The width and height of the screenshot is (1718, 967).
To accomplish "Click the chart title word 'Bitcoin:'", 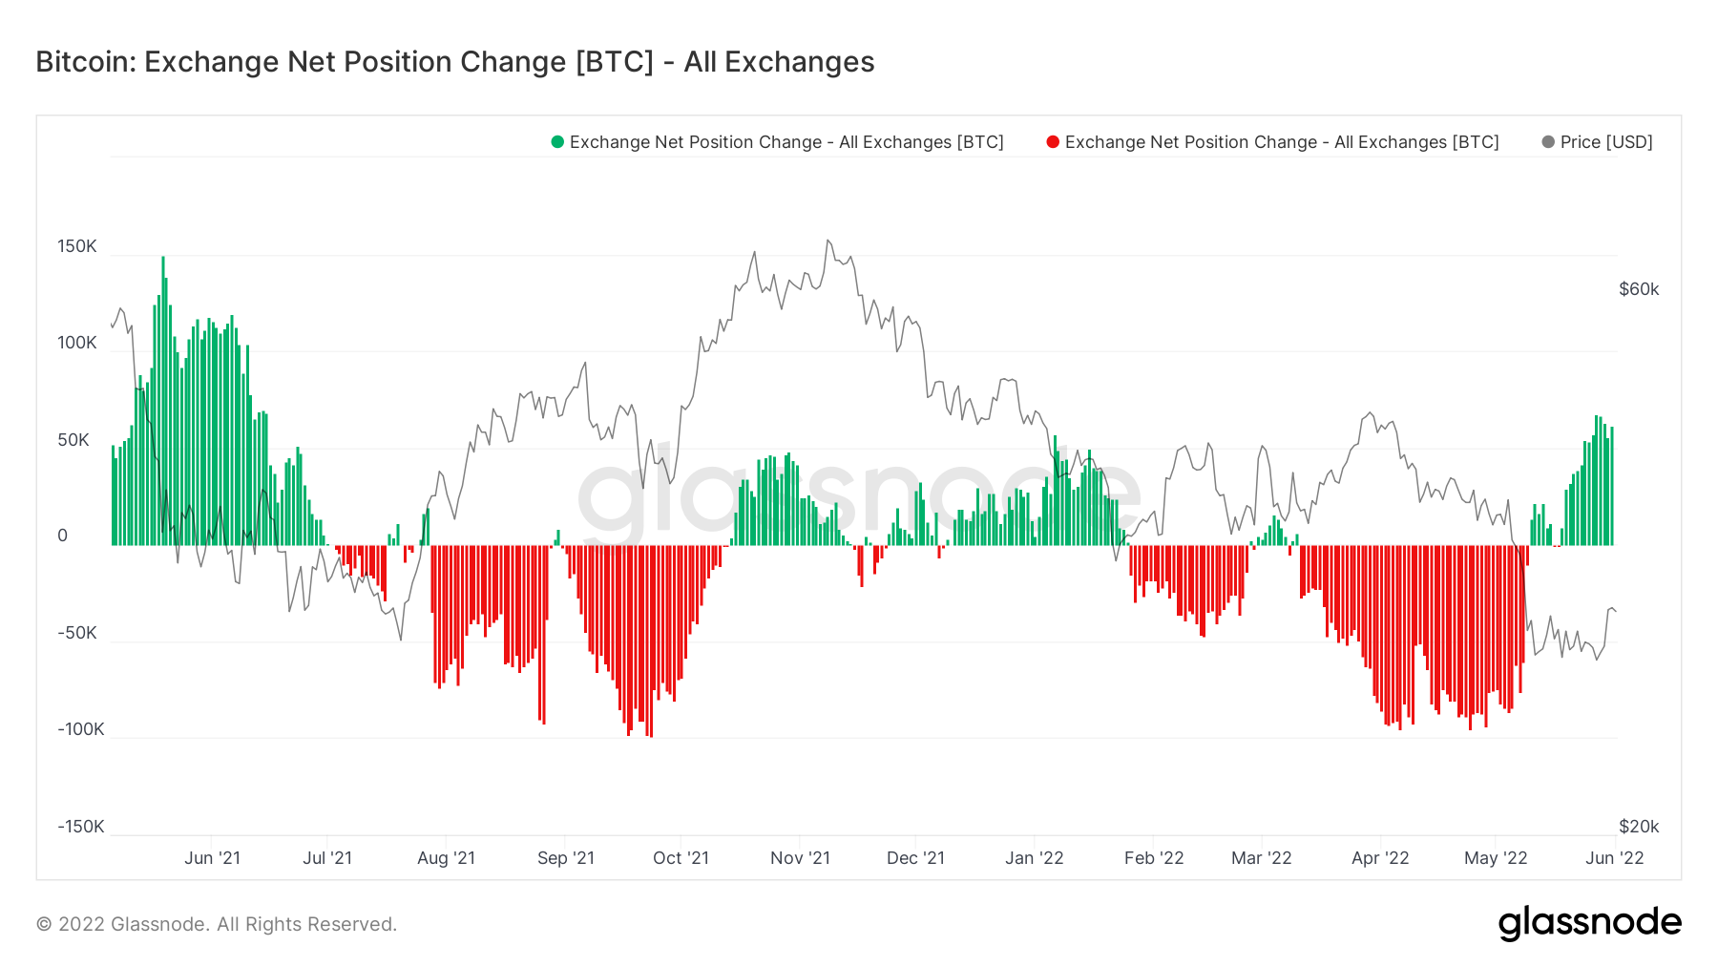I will point(85,62).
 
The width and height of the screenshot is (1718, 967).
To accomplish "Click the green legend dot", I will point(557,142).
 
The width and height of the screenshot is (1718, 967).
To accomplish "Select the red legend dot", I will point(1053,142).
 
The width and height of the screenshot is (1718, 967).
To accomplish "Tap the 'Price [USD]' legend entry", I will point(1605,142).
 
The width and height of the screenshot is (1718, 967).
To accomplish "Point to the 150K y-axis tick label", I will point(77,246).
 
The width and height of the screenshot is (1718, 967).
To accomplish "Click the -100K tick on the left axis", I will point(80,729).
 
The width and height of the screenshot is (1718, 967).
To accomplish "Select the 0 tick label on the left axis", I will point(63,536).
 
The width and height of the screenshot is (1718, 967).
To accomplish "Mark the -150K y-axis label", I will point(80,827).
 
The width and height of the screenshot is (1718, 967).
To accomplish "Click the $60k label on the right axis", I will point(1639,289).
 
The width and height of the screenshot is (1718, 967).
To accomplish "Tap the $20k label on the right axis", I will point(1639,827).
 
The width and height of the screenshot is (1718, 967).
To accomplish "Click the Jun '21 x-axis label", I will point(212,858).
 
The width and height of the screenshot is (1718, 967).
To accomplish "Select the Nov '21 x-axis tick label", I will point(800,858).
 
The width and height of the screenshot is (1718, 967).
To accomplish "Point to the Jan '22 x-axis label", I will point(1034,858).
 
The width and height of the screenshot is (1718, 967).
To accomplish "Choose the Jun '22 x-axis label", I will point(1614,858).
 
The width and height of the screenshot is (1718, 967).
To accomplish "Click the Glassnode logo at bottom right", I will point(1589,923).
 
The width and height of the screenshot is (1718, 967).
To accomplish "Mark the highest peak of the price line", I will point(828,241).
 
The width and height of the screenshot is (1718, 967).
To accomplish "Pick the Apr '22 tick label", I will point(1380,858).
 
